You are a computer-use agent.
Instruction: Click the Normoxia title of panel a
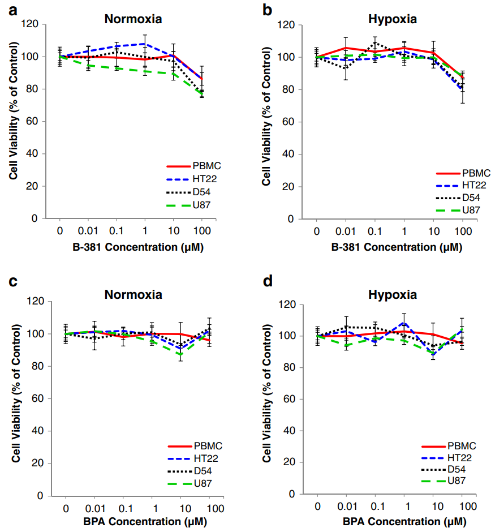[133, 19]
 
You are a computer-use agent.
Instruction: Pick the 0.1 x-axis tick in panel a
[117, 230]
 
